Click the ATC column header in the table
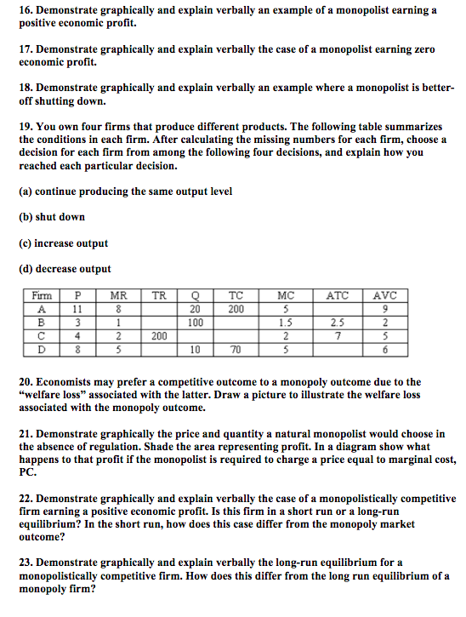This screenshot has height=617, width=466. (337, 295)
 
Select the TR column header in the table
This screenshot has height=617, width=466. (158, 295)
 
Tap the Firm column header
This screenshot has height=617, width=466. (41, 295)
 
